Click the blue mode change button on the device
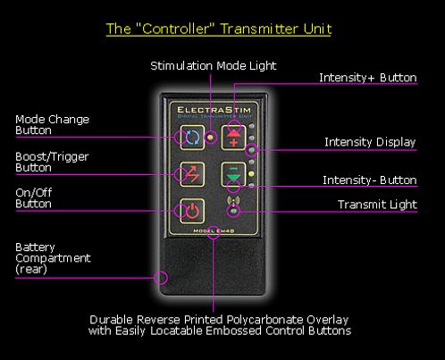pyautogui.click(x=192, y=138)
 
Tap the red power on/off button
pyautogui.click(x=192, y=211)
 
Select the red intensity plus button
pyautogui.click(x=233, y=138)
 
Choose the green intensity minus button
pyautogui.click(x=233, y=174)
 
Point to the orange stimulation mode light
pyautogui.click(x=211, y=138)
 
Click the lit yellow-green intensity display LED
pyautogui.click(x=251, y=174)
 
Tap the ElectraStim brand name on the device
pyautogui.click(x=214, y=110)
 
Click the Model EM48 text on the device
pyautogui.click(x=214, y=230)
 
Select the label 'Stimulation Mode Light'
pyautogui.click(x=214, y=66)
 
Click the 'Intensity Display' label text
pyautogui.click(x=370, y=142)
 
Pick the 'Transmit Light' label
pyautogui.click(x=377, y=205)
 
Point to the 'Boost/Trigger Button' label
pyautogui.click(x=52, y=162)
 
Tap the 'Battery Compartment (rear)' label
pyautogui.click(x=53, y=258)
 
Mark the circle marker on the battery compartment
pyautogui.click(x=161, y=278)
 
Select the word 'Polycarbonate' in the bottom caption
pyautogui.click(x=265, y=320)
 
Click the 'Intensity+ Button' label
pyautogui.click(x=368, y=78)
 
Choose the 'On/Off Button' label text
pyautogui.click(x=34, y=198)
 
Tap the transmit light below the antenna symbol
pyautogui.click(x=234, y=212)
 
